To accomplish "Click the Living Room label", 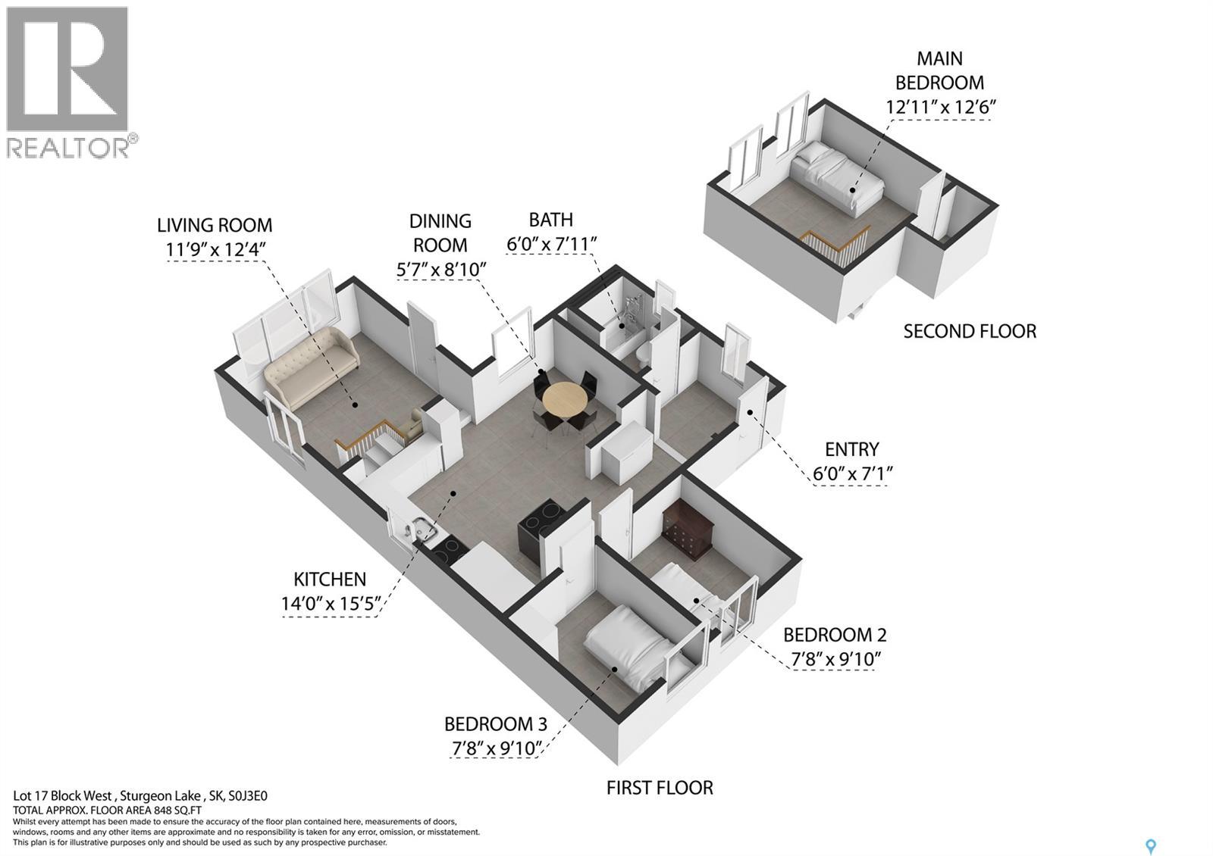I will pyautogui.click(x=215, y=225).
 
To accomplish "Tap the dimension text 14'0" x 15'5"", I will pyautogui.click(x=330, y=604).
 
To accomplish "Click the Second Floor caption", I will pyautogui.click(x=970, y=331).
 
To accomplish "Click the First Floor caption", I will pyautogui.click(x=660, y=788).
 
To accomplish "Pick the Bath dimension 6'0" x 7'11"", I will pyautogui.click(x=552, y=244).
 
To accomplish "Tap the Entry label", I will pyautogui.click(x=852, y=449).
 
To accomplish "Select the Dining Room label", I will pyautogui.click(x=440, y=233).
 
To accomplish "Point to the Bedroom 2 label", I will pyautogui.click(x=835, y=635).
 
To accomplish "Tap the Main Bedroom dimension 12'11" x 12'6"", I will pyautogui.click(x=940, y=107).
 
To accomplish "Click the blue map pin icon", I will pyautogui.click(x=1152, y=846).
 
